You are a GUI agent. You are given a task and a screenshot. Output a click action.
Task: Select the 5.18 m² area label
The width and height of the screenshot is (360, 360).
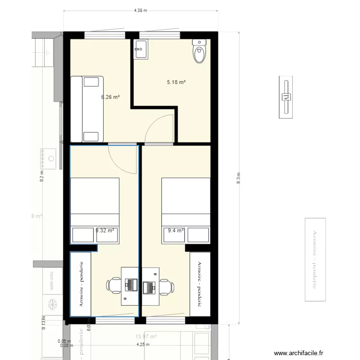click(176, 83)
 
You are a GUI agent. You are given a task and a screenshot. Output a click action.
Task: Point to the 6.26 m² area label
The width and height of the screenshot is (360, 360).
click(110, 96)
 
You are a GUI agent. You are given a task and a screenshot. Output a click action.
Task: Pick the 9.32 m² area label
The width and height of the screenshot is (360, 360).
click(105, 230)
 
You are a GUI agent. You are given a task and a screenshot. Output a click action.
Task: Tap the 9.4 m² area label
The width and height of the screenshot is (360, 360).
click(176, 231)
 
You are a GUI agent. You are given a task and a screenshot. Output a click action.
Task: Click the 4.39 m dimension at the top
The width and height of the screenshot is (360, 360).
click(140, 10)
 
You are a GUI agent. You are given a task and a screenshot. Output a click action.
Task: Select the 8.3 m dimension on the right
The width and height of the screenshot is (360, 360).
click(239, 177)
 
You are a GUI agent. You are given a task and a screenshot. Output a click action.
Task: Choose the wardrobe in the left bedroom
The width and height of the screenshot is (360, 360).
click(81, 284)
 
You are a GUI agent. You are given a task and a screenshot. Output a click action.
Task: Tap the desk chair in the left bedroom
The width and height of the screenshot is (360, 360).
click(114, 285)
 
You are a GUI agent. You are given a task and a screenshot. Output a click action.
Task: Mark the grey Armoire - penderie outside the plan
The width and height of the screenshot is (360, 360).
click(315, 260)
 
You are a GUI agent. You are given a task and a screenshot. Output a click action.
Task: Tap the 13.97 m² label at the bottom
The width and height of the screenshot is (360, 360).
click(146, 337)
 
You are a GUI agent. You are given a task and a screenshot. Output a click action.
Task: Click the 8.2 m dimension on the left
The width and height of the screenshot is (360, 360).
click(42, 177)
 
